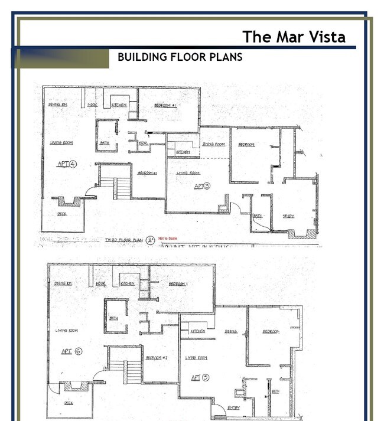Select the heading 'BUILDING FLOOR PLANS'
coord(180,57)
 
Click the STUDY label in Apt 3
coord(288,216)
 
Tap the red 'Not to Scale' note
coord(168,239)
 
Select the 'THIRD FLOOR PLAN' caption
coord(124,240)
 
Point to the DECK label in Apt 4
coord(61,214)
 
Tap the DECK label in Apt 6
coord(69,403)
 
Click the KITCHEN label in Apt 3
coord(183,152)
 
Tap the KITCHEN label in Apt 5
coord(197,332)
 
